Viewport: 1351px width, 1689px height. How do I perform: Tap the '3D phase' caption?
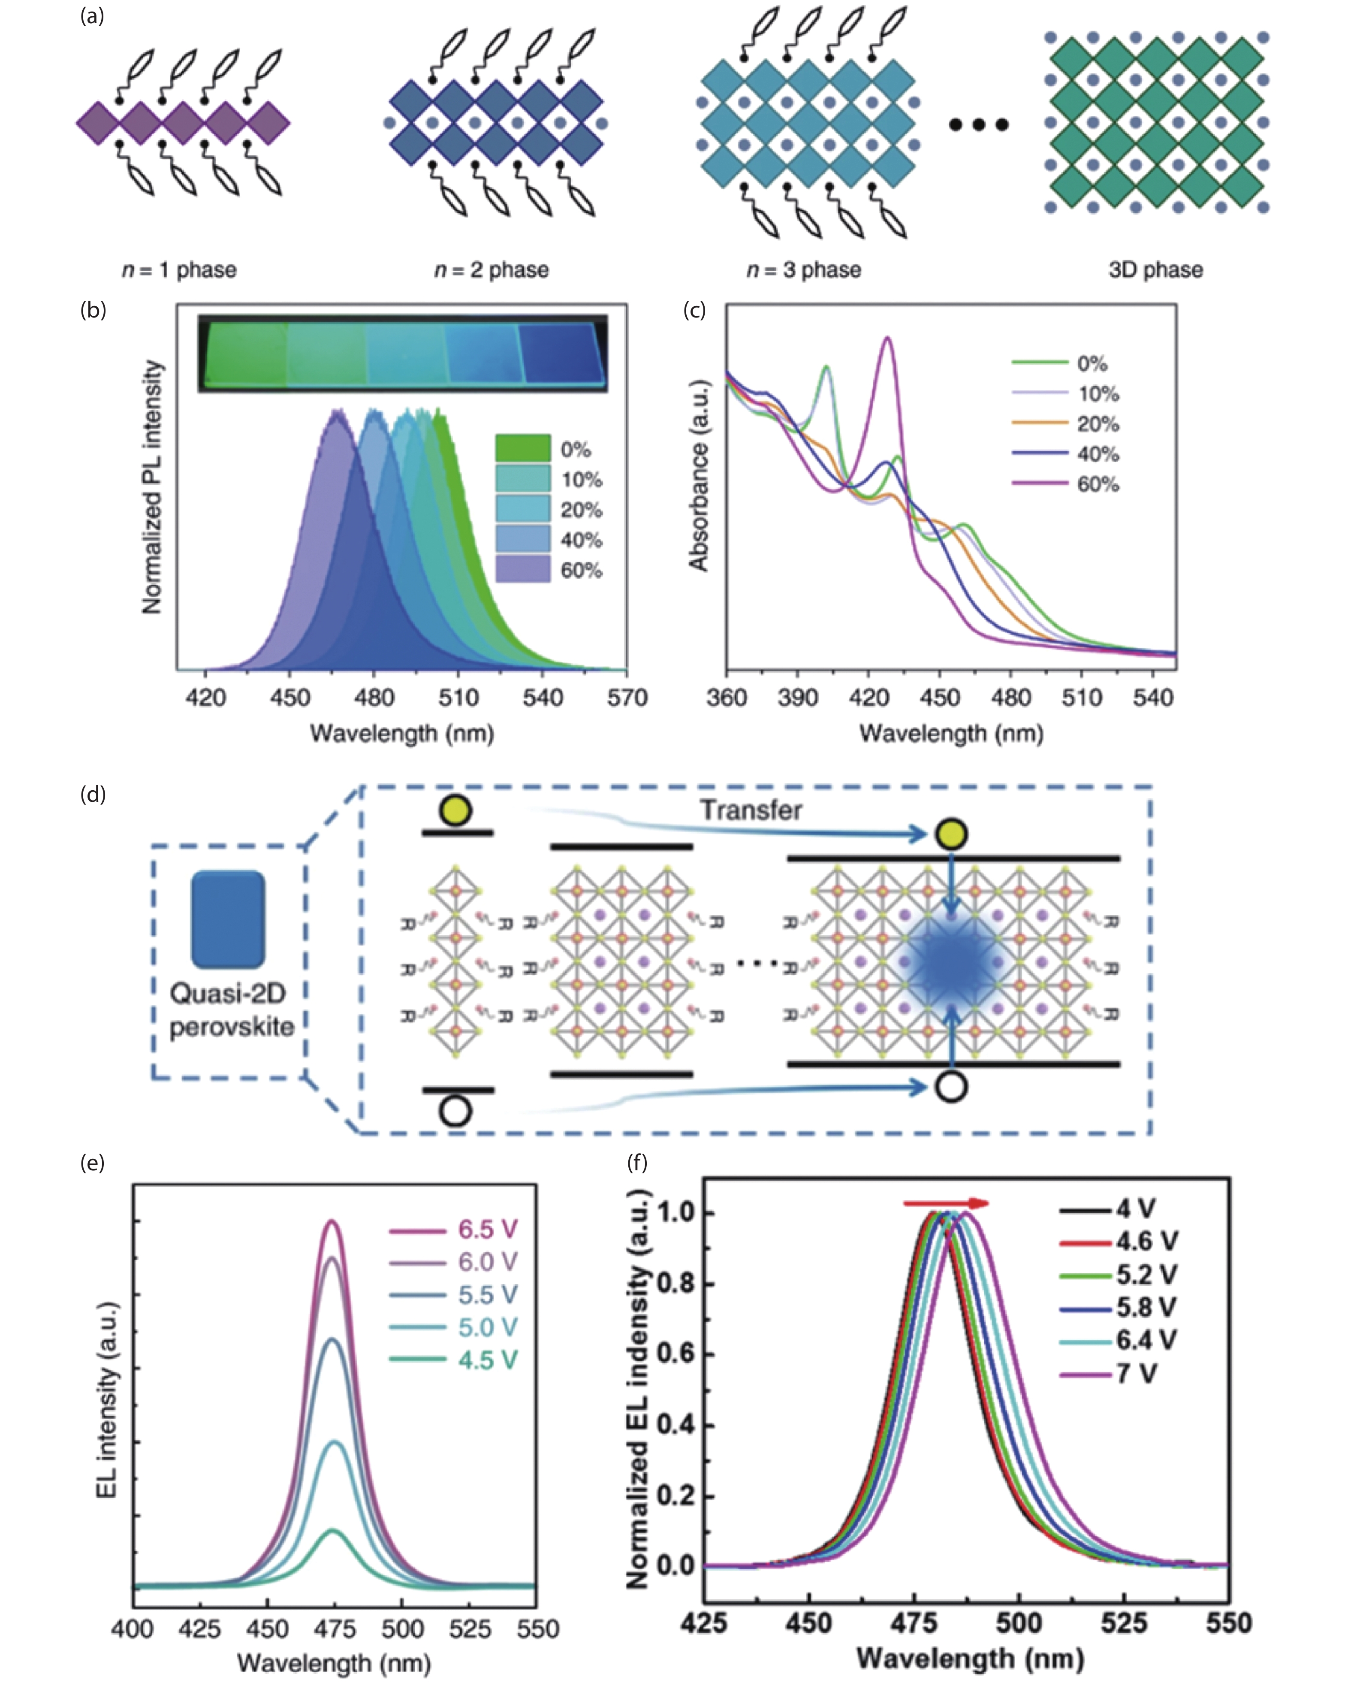[x=1155, y=270]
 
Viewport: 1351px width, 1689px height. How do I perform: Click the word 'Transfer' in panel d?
[x=750, y=810]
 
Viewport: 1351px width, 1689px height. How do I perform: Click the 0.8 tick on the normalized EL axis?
[x=675, y=1284]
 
